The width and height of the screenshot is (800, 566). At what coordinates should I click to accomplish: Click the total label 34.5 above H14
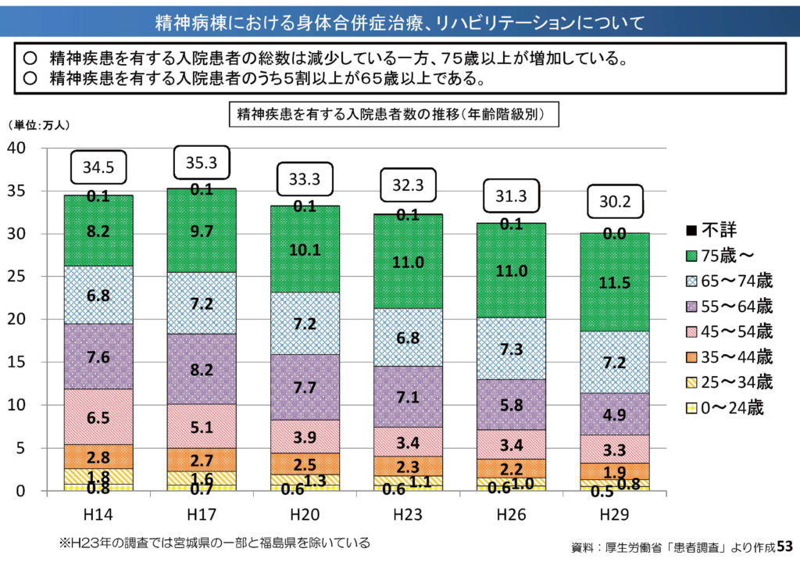coord(98,167)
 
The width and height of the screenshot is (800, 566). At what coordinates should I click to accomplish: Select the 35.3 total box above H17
coord(202,163)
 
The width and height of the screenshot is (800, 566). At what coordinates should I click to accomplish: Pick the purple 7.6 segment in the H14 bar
coord(98,356)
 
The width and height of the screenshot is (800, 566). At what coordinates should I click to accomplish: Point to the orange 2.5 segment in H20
coord(305,464)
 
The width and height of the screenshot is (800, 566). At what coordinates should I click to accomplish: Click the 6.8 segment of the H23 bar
coord(409,337)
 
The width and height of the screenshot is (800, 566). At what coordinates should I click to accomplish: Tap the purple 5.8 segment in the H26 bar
coord(512,404)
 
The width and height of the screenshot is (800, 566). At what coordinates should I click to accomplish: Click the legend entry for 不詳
coord(710,231)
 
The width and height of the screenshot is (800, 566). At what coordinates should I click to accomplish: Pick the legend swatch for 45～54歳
coord(691,332)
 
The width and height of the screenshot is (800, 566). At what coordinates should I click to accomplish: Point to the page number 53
coord(784,545)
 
